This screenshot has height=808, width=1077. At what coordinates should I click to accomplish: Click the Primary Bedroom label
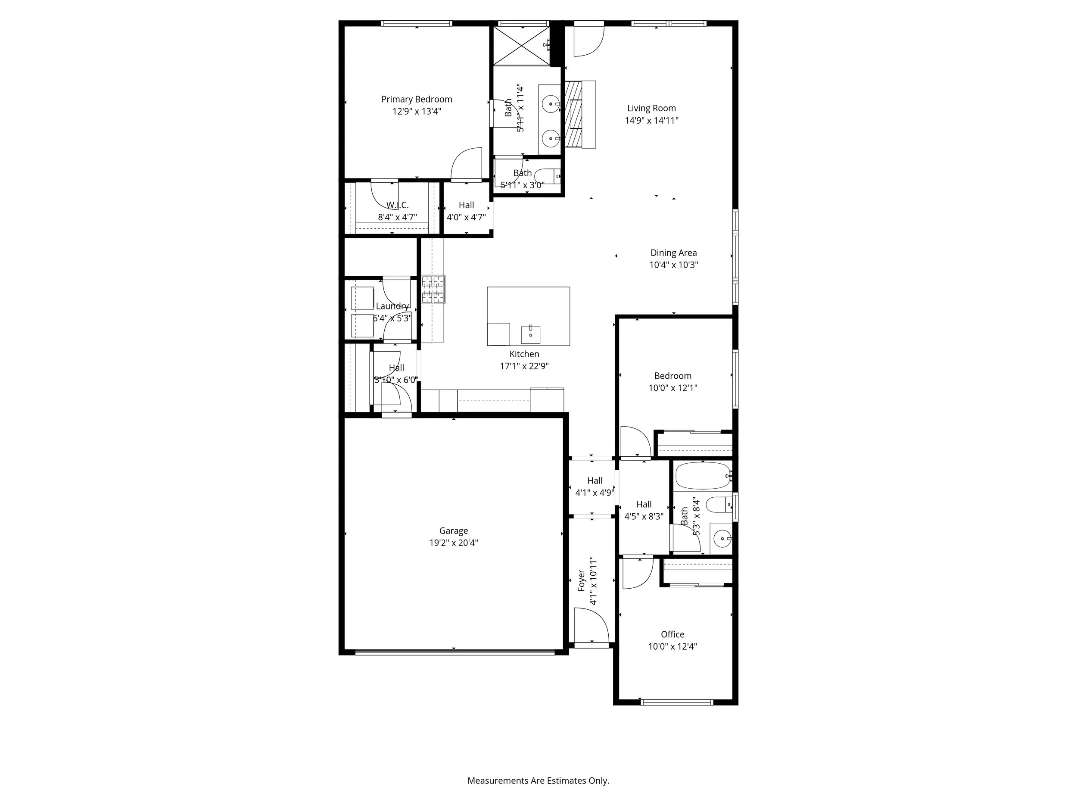pyautogui.click(x=416, y=100)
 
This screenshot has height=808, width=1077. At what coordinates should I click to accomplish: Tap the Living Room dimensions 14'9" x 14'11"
pyautogui.click(x=651, y=120)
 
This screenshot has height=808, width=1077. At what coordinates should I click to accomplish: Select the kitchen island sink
pyautogui.click(x=530, y=334)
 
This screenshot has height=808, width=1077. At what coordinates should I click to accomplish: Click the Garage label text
pyautogui.click(x=453, y=530)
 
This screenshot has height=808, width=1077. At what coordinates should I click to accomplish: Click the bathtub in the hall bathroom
pyautogui.click(x=703, y=476)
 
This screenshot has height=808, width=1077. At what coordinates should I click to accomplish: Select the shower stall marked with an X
pyautogui.click(x=521, y=45)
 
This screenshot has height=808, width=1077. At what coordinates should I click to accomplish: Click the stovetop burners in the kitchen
pyautogui.click(x=433, y=289)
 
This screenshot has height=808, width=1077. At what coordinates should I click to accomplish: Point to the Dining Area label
pyautogui.click(x=673, y=253)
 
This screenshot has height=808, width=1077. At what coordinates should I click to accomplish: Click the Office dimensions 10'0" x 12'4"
pyautogui.click(x=672, y=646)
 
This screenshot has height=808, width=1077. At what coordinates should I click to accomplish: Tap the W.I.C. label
pyautogui.click(x=397, y=205)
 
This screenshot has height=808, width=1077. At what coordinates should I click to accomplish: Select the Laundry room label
pyautogui.click(x=392, y=306)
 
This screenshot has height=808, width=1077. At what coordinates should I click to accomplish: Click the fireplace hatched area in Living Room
pyautogui.click(x=573, y=113)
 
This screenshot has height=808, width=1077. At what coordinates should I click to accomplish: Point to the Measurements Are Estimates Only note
pyautogui.click(x=538, y=780)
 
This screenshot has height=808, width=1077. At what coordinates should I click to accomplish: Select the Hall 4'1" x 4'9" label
pyautogui.click(x=595, y=481)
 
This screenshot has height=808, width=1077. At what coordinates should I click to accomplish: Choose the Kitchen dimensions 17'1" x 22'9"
pyautogui.click(x=524, y=366)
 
